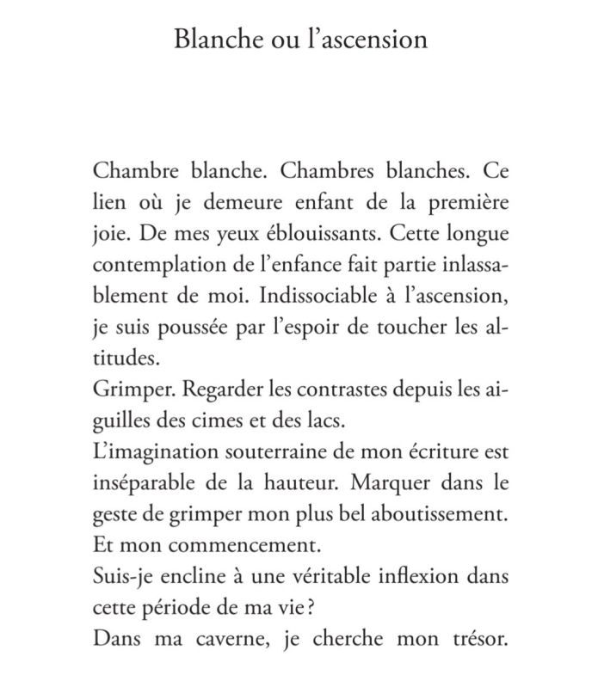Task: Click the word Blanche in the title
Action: point(211,40)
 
